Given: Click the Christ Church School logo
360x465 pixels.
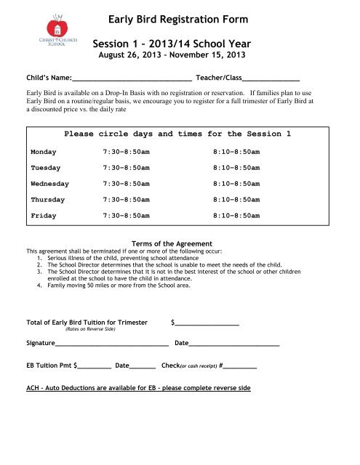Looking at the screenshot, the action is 45,32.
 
